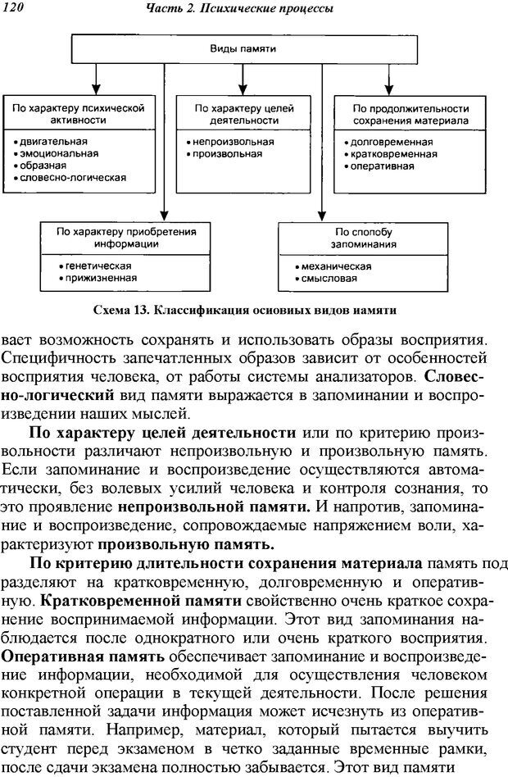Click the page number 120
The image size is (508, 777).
tap(14, 8)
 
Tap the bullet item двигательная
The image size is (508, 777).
tap(54, 141)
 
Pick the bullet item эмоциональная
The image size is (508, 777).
tap(57, 153)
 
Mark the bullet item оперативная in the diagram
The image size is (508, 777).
tap(383, 166)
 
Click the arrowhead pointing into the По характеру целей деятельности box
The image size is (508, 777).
tap(243, 91)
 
